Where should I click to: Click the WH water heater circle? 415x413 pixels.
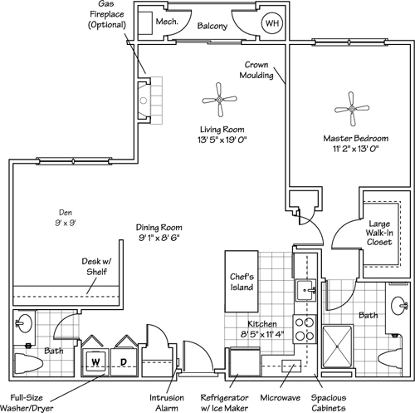pos(272,23)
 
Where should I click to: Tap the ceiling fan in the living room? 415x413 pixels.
pos(219,100)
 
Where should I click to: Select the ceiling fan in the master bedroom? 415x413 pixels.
pos(352,109)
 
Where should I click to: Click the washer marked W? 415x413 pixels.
pos(95,361)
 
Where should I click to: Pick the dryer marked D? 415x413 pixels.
pos(124,361)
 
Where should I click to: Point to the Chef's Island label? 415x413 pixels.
pos(242,282)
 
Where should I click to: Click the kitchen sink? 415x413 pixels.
pos(305,290)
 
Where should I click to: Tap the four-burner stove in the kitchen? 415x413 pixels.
pos(305,329)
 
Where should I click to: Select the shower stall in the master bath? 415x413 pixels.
pos(338,347)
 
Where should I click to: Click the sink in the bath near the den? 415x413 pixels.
pos(24,323)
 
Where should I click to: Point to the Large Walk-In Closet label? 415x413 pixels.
pos(379,233)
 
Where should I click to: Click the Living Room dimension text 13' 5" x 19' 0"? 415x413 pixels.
pos(222,140)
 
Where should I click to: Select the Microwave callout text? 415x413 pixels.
pos(280,398)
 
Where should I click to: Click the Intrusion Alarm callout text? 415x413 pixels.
pos(167,403)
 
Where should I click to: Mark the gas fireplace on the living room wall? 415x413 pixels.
pos(150,101)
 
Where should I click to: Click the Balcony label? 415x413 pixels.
pos(212,26)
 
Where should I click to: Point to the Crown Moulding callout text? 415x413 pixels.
pos(256,70)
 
